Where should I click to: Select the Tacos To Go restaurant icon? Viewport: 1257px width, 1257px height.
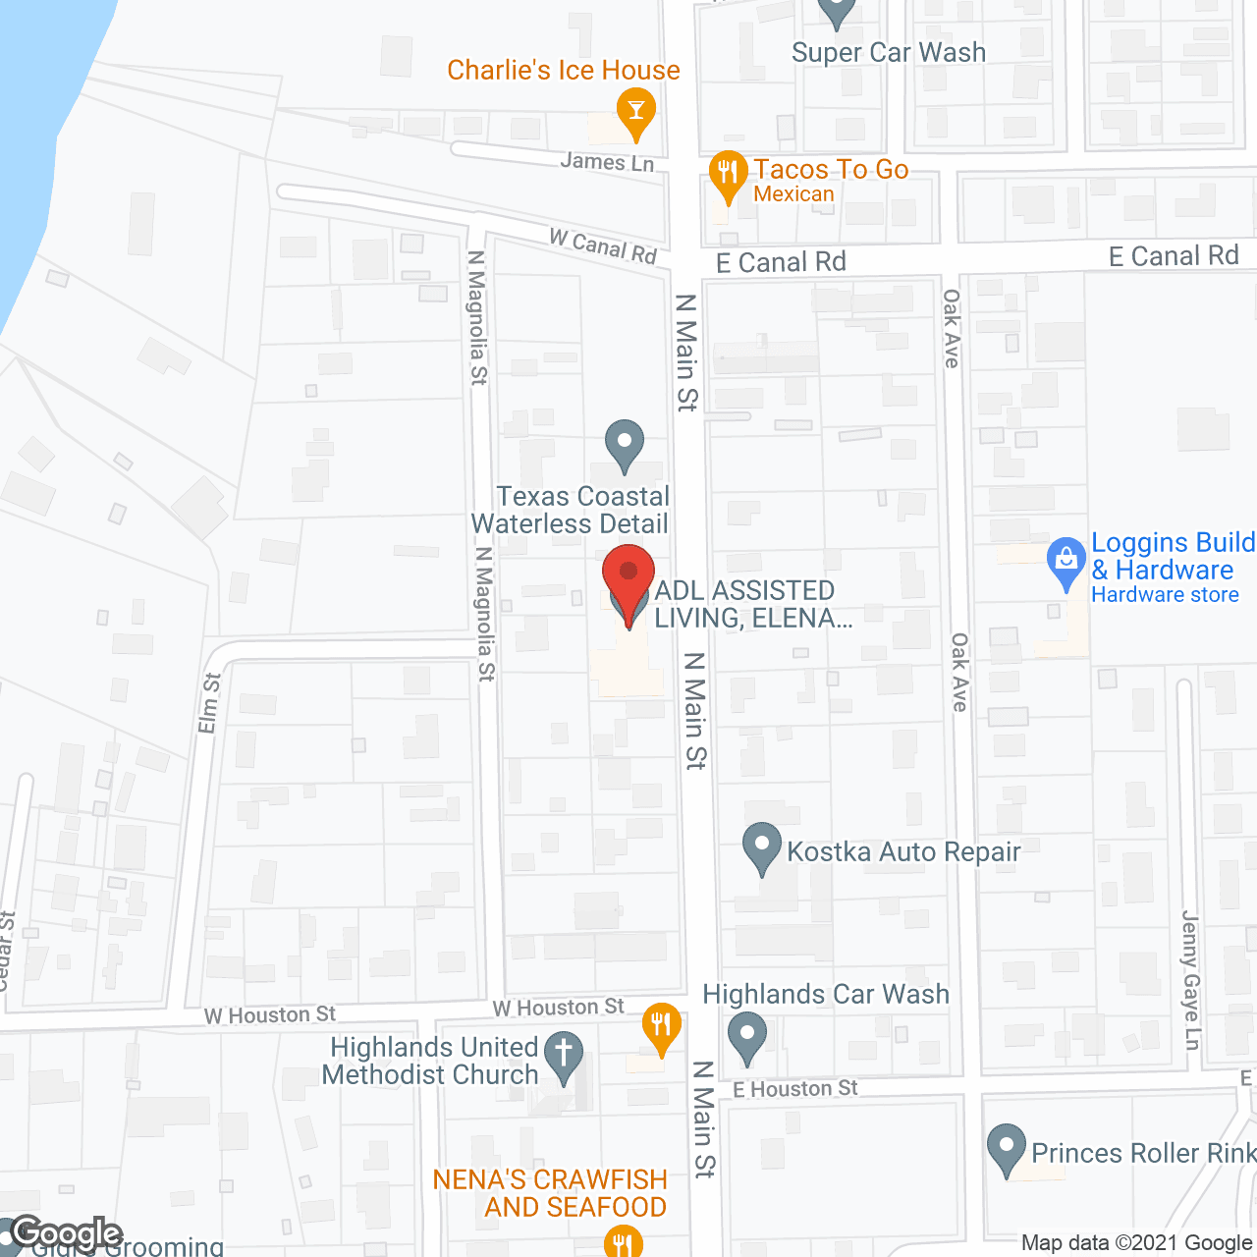coord(727,175)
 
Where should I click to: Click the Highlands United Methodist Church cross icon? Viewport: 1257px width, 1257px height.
coord(564,1056)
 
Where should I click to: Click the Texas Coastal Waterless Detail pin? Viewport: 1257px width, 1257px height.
coord(624,444)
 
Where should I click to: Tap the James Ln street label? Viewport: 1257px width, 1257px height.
coord(607,162)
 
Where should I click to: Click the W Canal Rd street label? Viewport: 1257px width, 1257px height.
coord(603,246)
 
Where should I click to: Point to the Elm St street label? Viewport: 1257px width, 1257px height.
coord(209,702)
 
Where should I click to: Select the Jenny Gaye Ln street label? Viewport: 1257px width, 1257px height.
coord(1191,980)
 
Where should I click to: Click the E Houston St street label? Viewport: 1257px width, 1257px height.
coord(795,1089)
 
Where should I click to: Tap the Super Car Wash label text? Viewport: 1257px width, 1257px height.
coord(889,53)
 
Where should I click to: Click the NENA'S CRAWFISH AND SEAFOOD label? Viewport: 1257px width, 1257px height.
coord(550,1193)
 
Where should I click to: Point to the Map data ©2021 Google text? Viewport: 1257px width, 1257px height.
coord(1137,1243)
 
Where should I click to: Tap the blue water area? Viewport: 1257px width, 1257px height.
coord(29,147)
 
